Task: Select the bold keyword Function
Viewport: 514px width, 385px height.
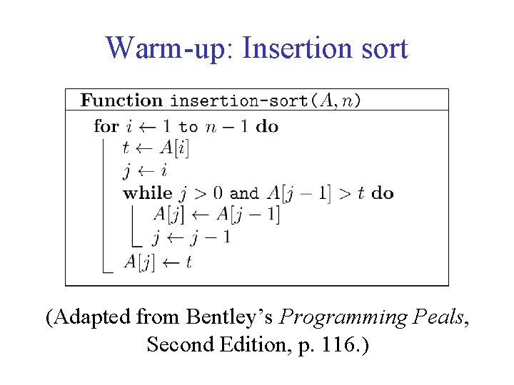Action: click(x=122, y=101)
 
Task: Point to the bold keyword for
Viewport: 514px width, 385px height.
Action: click(x=106, y=127)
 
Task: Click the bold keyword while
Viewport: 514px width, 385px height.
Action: click(x=148, y=193)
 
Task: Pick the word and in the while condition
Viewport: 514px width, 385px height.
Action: click(x=244, y=193)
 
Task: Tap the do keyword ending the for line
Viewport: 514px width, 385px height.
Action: click(x=267, y=127)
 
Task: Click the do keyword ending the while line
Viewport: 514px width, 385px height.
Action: click(x=383, y=193)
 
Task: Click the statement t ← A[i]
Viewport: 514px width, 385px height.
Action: click(x=156, y=148)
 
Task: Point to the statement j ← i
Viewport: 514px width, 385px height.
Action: click(x=144, y=171)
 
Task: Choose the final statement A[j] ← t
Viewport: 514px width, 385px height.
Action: click(x=158, y=262)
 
